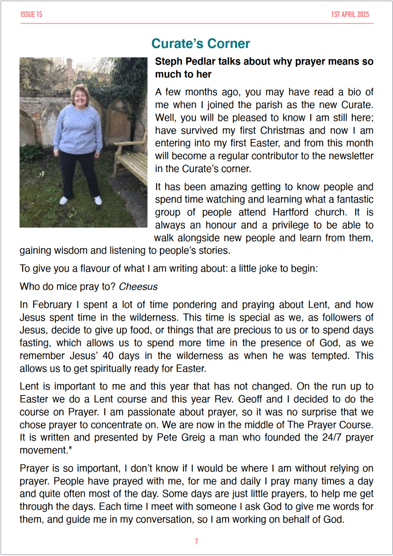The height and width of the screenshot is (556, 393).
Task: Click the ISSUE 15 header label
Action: click(31, 15)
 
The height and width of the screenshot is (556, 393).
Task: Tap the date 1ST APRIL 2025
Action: click(350, 15)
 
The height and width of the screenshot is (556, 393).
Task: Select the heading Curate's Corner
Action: click(201, 44)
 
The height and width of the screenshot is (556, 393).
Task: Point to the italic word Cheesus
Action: click(138, 287)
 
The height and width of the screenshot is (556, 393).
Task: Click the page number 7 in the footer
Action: click(196, 541)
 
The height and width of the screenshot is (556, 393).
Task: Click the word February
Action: click(52, 305)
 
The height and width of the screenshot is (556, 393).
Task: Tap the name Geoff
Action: click(250, 399)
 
